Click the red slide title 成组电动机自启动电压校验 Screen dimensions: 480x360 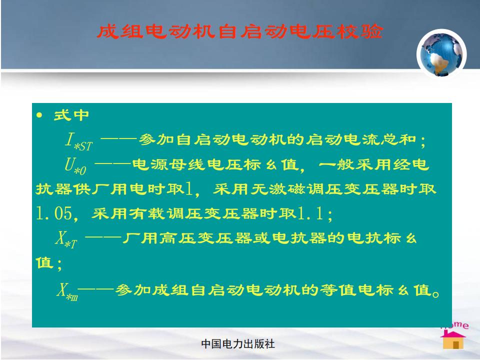tap(240, 32)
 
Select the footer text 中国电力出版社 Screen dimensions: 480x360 tap(238, 344)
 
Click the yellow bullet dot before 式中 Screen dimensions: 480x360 tap(39, 115)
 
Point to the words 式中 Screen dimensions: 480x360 tap(71, 115)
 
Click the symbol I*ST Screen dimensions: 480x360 tap(78, 141)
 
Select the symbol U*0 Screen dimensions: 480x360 tap(75, 165)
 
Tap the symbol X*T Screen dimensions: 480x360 tap(66, 239)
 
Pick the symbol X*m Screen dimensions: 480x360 tap(67, 291)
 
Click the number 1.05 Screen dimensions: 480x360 tap(54, 213)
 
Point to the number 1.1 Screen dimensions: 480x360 tap(310, 213)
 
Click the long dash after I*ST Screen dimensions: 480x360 tap(118, 139)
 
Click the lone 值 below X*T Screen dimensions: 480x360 tap(44, 262)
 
